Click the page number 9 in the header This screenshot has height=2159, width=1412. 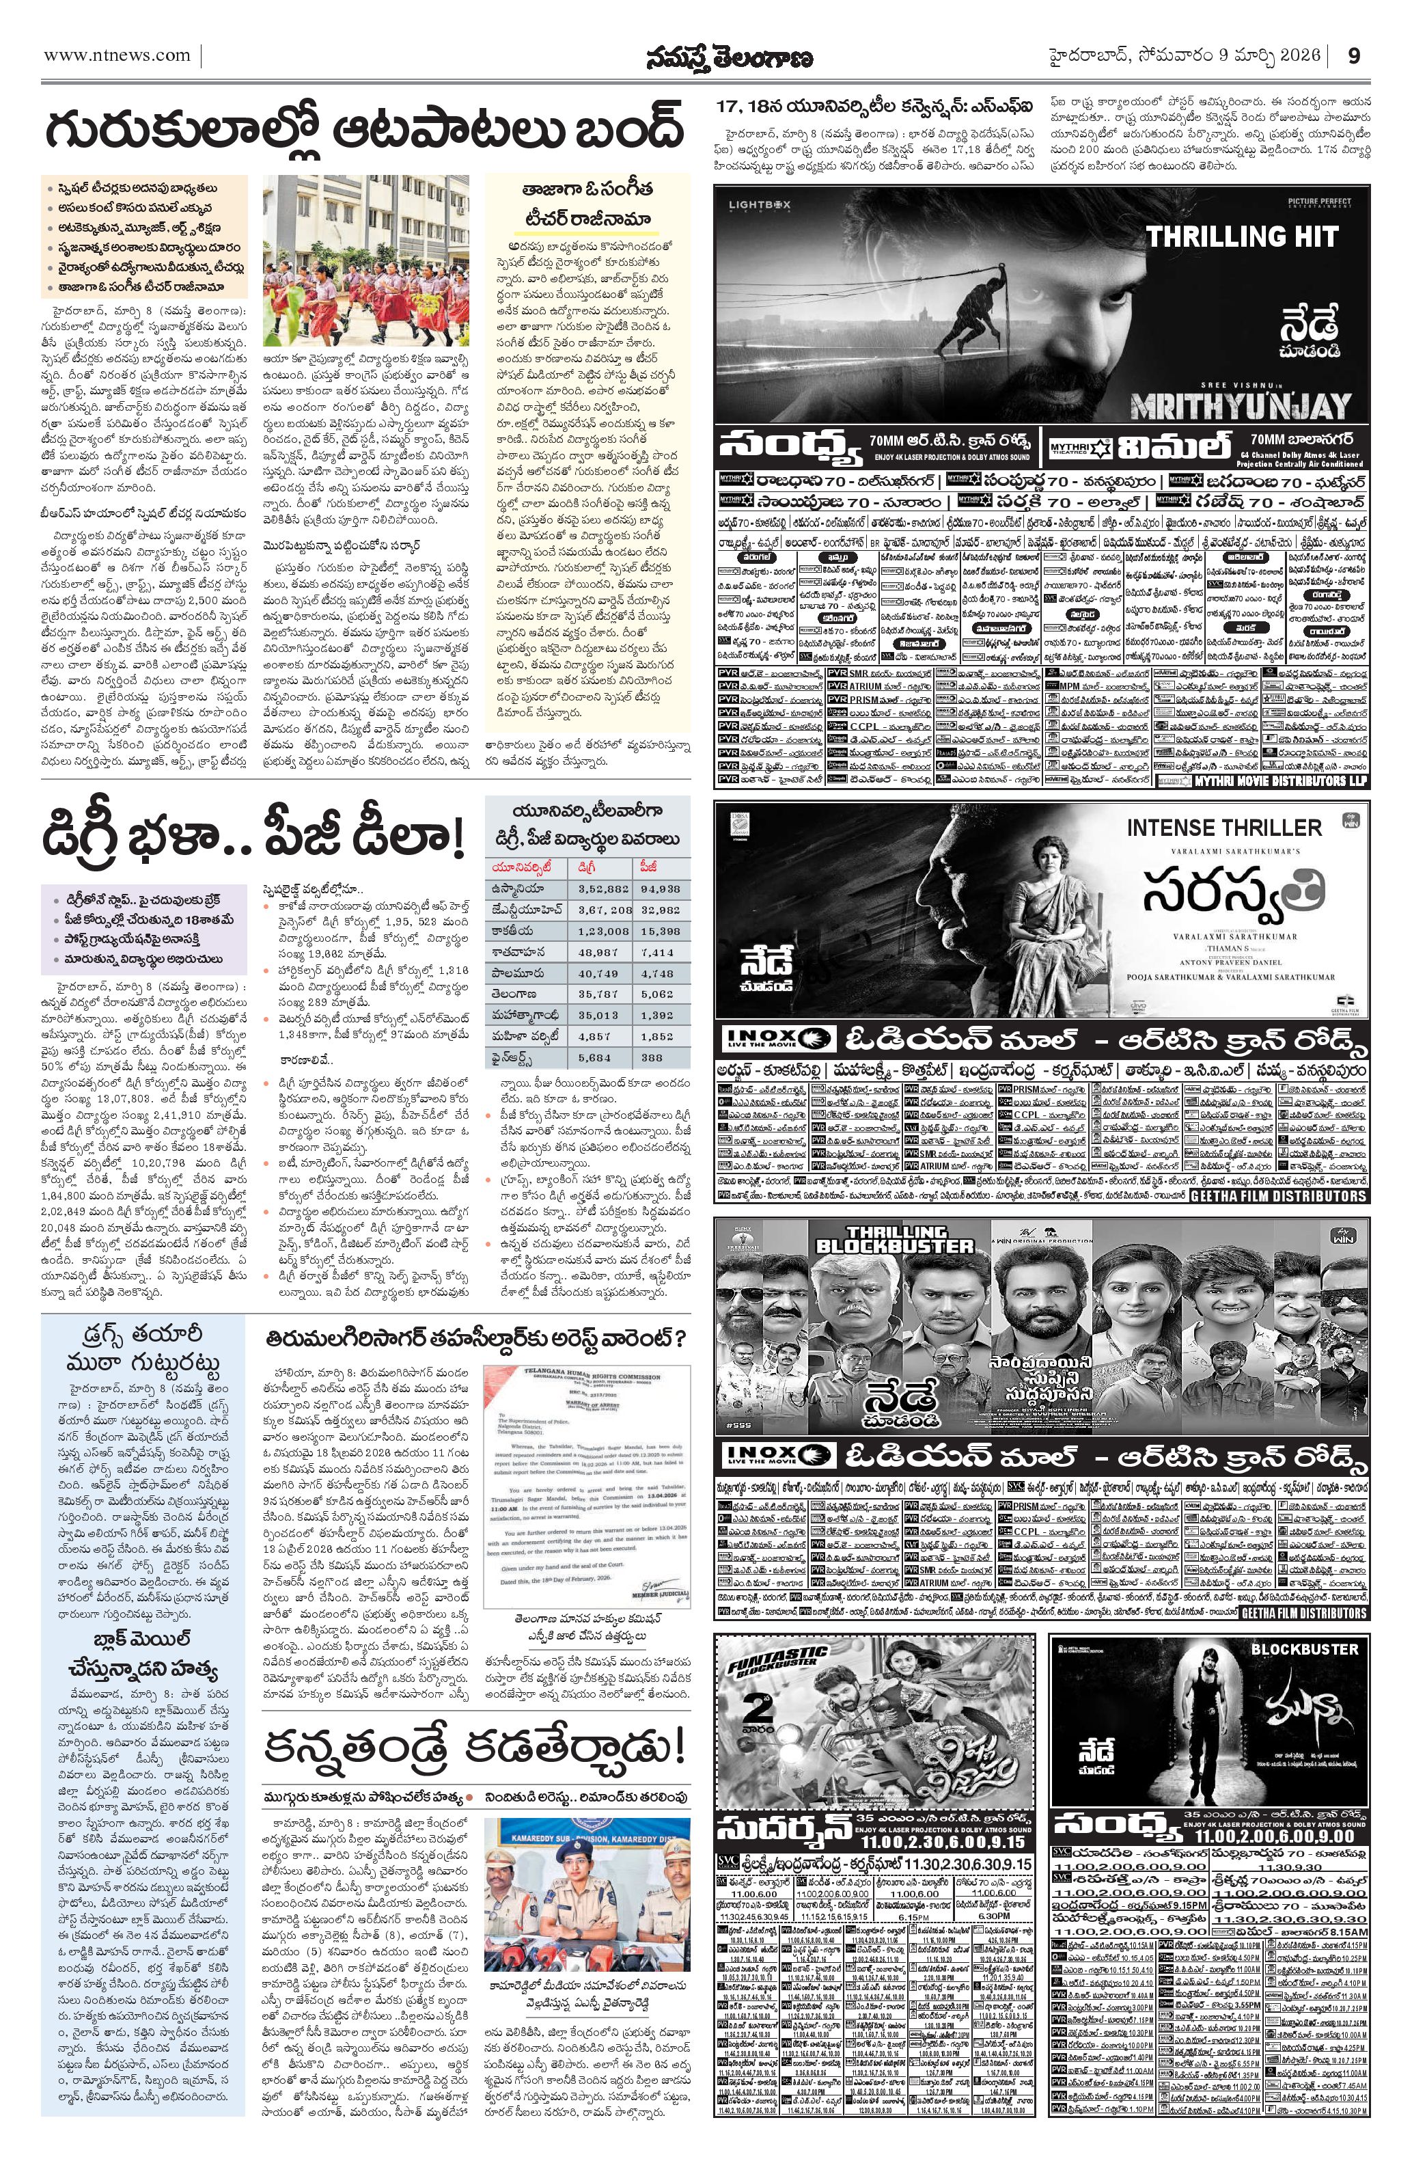pyautogui.click(x=1353, y=56)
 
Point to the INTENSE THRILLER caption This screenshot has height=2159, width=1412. pyautogui.click(x=1223, y=828)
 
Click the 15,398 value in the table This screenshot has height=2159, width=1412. pyautogui.click(x=659, y=932)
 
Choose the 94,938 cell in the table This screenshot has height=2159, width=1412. pyautogui.click(x=659, y=890)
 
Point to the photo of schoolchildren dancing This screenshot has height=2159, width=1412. pyautogui.click(x=365, y=260)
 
